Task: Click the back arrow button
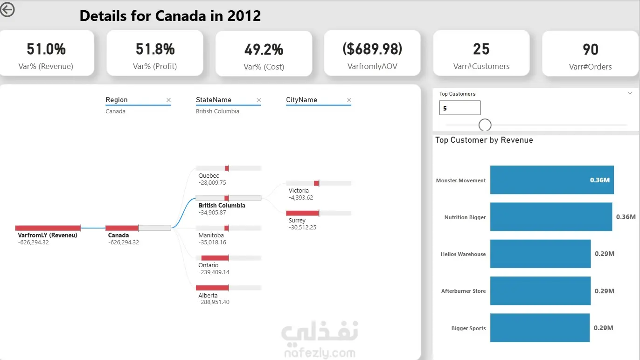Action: pyautogui.click(x=7, y=9)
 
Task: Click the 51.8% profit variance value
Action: pyautogui.click(x=155, y=49)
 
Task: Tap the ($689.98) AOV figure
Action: pyautogui.click(x=372, y=48)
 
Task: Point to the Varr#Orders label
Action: pyautogui.click(x=590, y=67)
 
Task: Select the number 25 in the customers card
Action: pyautogui.click(x=481, y=49)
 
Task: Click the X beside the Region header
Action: pyautogui.click(x=168, y=100)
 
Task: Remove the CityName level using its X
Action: pyautogui.click(x=349, y=100)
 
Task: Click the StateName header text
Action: pyautogui.click(x=213, y=100)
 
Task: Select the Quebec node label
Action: pyautogui.click(x=209, y=176)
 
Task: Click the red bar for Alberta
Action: pyautogui.click(x=212, y=288)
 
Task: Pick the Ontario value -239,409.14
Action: pyautogui.click(x=214, y=272)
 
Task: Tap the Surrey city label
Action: pyautogui.click(x=297, y=220)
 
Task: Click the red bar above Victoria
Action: pyautogui.click(x=316, y=183)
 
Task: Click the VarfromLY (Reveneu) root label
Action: pyautogui.click(x=48, y=235)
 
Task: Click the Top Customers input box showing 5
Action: pyautogui.click(x=459, y=108)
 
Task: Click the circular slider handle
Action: pyautogui.click(x=485, y=125)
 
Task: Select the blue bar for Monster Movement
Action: pyautogui.click(x=552, y=180)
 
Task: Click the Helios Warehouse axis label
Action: pyautogui.click(x=463, y=254)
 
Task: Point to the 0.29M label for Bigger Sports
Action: pyautogui.click(x=604, y=328)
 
